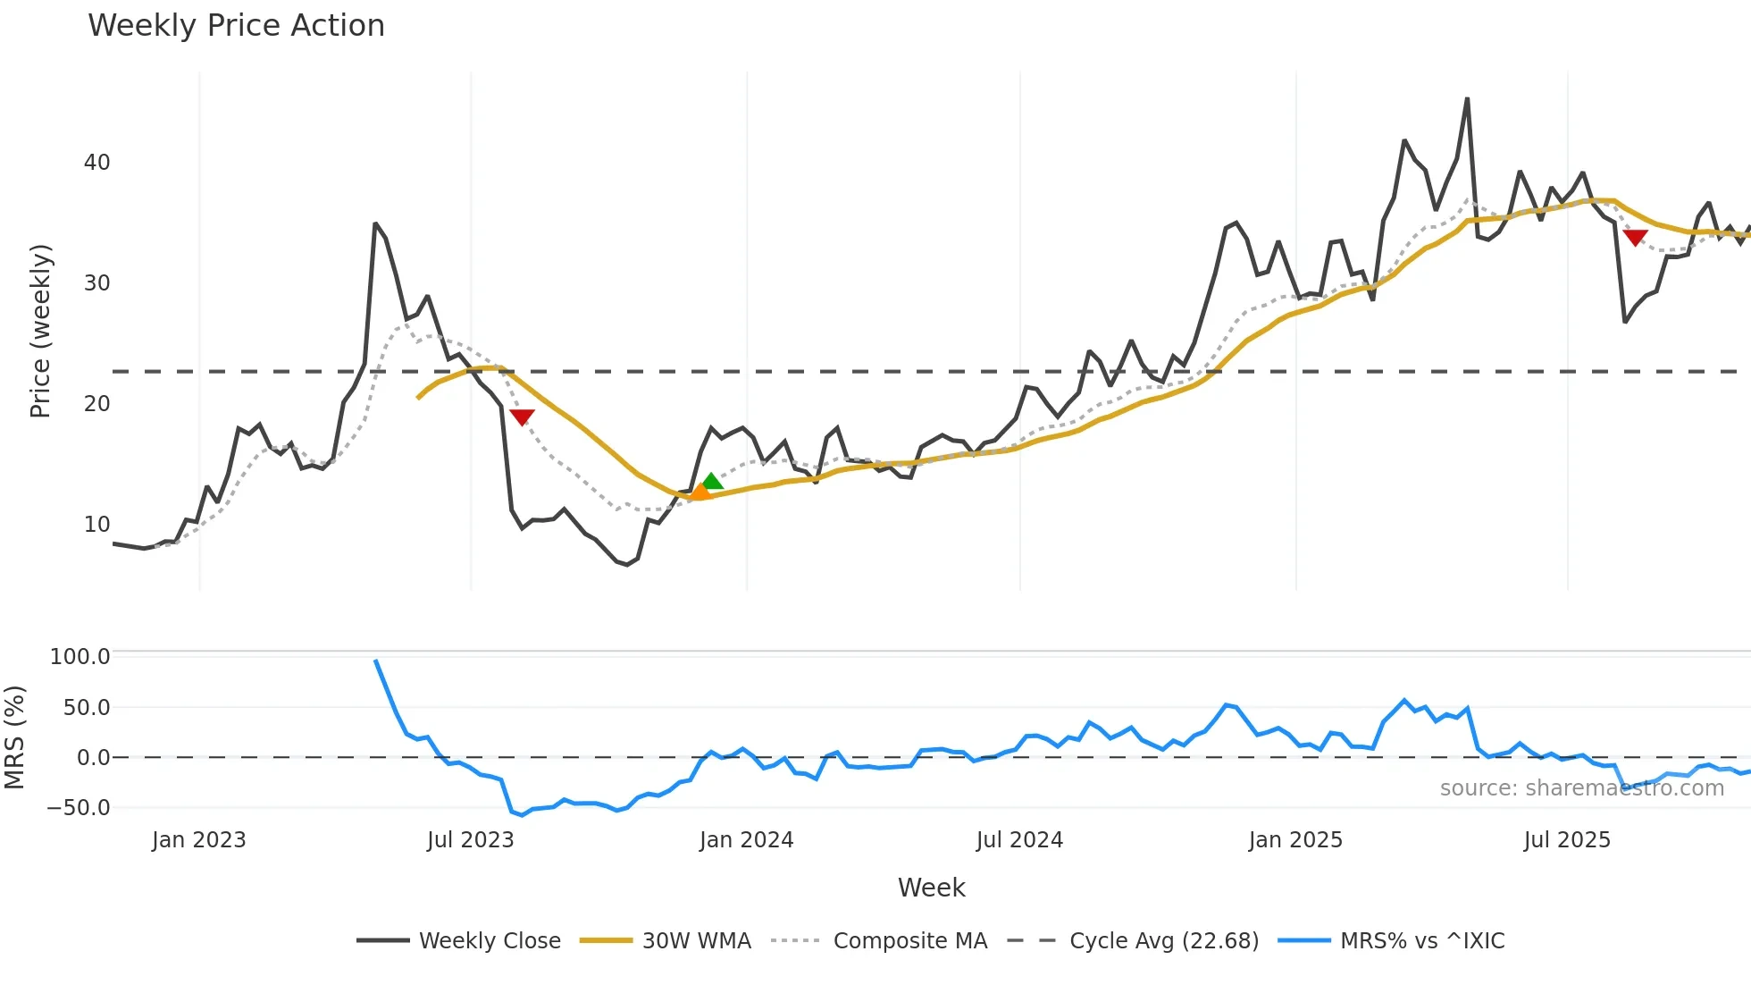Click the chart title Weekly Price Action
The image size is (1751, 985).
pos(236,26)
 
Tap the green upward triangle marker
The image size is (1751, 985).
pos(712,482)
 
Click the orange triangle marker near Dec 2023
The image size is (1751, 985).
pos(700,491)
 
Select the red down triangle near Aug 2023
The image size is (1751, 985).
pos(522,417)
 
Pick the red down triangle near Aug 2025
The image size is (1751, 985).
pos(1635,237)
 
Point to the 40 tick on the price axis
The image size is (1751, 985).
pos(96,163)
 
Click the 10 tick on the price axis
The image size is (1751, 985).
pos(96,525)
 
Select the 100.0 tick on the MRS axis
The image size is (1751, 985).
pos(80,657)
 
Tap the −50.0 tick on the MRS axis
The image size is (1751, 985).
pos(78,808)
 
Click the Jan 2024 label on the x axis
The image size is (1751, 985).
pos(746,840)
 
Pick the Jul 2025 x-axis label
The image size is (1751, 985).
pos(1567,840)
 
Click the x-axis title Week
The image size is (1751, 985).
pos(931,888)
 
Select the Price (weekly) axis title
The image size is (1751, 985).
pos(40,331)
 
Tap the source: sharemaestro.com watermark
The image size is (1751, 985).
pos(1581,788)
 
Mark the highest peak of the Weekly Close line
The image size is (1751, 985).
pos(1467,99)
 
